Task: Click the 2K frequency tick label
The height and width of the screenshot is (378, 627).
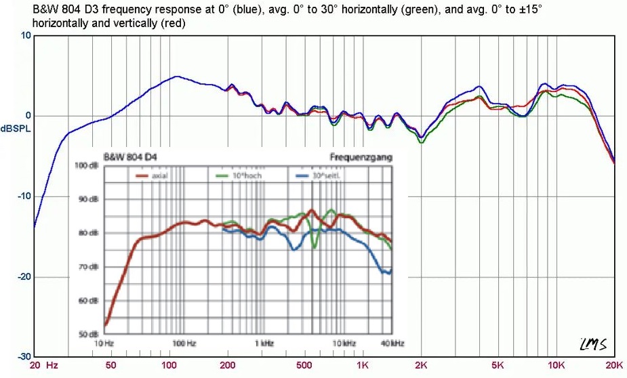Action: (x=421, y=365)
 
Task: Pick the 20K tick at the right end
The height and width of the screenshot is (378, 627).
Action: (x=614, y=365)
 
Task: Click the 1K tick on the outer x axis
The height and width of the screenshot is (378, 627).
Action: (x=363, y=365)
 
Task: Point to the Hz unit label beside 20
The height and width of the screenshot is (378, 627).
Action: (x=52, y=365)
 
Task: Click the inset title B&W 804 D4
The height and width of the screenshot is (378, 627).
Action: (x=129, y=157)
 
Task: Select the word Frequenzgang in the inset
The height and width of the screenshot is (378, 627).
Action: (x=361, y=157)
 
